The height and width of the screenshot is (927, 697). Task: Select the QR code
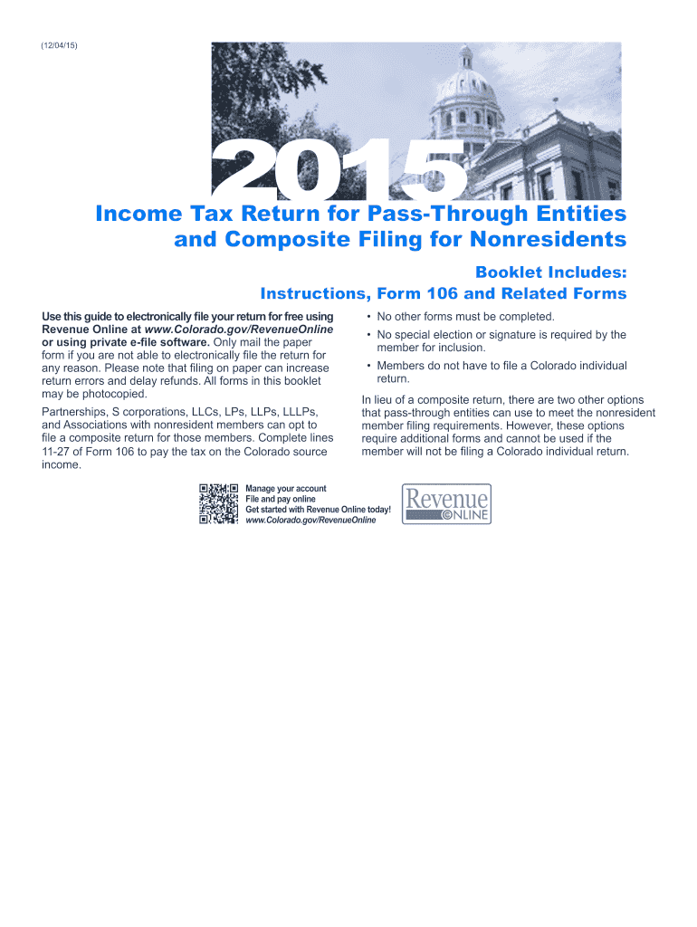(x=218, y=504)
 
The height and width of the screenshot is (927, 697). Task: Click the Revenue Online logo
(x=447, y=503)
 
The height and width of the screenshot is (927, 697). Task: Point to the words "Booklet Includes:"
(x=550, y=272)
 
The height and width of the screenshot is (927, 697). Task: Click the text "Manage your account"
(x=286, y=489)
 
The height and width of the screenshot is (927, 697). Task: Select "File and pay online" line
(x=281, y=499)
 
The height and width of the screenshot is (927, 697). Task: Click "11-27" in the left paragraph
(x=56, y=451)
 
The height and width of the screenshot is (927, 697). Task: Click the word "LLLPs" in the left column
(x=298, y=413)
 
